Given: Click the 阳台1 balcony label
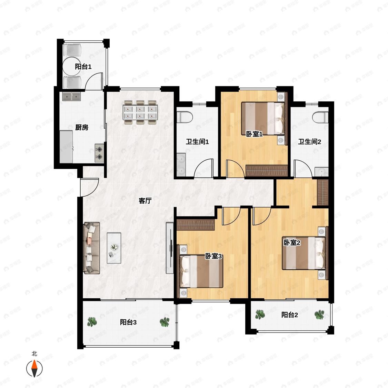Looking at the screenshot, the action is (x=83, y=67).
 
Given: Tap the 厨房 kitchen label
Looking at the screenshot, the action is (x=82, y=127).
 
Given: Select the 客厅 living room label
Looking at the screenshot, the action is (x=145, y=201).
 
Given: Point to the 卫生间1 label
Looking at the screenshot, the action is (x=197, y=142).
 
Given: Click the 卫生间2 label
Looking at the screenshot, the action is (x=309, y=142).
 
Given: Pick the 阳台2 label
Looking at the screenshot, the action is (x=289, y=315).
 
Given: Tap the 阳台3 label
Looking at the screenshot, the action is (x=128, y=322).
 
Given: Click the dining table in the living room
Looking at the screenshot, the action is (x=140, y=112).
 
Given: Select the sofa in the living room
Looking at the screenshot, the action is (x=92, y=248).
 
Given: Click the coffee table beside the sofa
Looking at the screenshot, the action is (x=114, y=248).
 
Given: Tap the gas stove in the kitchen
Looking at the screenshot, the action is (x=99, y=153).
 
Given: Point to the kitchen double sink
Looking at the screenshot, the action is (x=71, y=97).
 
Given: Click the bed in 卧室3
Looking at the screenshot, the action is (x=201, y=271).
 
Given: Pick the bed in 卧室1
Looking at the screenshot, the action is (x=263, y=119).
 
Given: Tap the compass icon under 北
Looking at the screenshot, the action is (x=34, y=368).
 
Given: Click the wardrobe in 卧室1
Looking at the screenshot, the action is (x=267, y=170).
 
